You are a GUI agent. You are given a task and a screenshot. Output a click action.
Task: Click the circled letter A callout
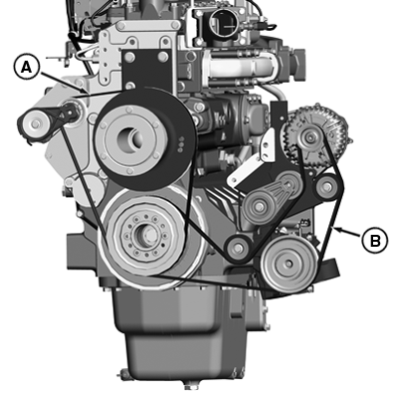pyautogui.click(x=27, y=68)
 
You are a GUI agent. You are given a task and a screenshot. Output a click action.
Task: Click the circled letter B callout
pyautogui.click(x=374, y=240)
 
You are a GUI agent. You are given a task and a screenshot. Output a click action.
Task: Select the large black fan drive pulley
pyautogui.click(x=145, y=138)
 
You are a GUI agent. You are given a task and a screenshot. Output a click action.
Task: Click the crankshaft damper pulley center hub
pyautogui.click(x=145, y=234)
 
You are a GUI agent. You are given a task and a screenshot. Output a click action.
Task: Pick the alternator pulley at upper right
pyautogui.click(x=310, y=137)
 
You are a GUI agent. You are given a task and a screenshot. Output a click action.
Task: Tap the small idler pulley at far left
pyautogui.click(x=34, y=124)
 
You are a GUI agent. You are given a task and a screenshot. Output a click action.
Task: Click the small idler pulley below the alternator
pyautogui.click(x=327, y=187)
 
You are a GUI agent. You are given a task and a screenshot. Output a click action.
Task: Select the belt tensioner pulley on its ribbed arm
pyautogui.click(x=257, y=207)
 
